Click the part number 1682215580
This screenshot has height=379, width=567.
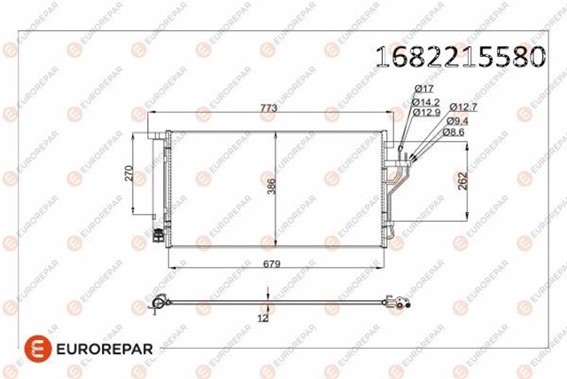[460, 56]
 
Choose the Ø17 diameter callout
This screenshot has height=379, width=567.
[424, 89]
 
